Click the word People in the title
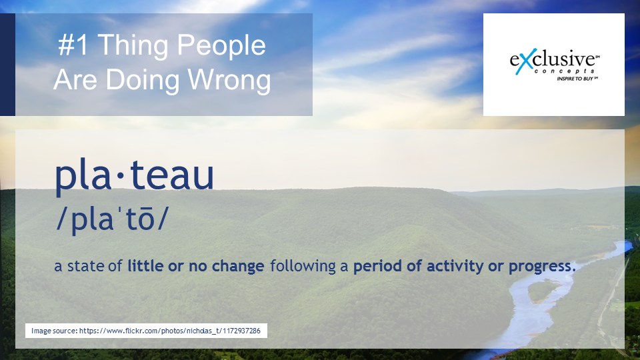[221, 46]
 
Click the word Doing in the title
[143, 80]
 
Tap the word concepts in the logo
[563, 71]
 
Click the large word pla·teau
[134, 175]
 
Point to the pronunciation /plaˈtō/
[112, 219]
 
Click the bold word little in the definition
[146, 266]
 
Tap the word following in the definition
[303, 267]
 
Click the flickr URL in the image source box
[170, 331]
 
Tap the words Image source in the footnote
[54, 331]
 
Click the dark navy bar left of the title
[7, 65]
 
